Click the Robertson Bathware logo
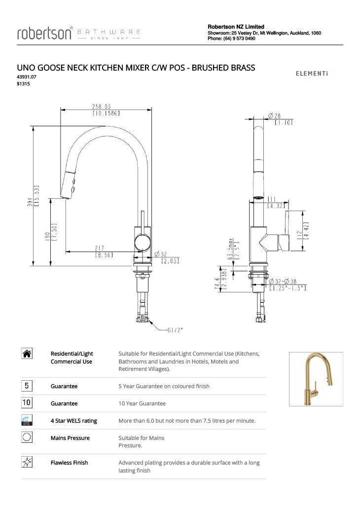(x=79, y=33)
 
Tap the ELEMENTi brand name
(x=312, y=74)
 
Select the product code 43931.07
(x=27, y=77)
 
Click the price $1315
(x=23, y=84)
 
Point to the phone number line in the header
(x=231, y=38)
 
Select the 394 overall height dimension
(x=30, y=203)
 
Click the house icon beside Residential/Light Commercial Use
(x=28, y=353)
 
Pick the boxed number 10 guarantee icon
(x=28, y=403)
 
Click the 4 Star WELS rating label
(x=73, y=421)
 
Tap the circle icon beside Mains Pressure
(x=28, y=437)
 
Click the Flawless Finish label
(x=69, y=463)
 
